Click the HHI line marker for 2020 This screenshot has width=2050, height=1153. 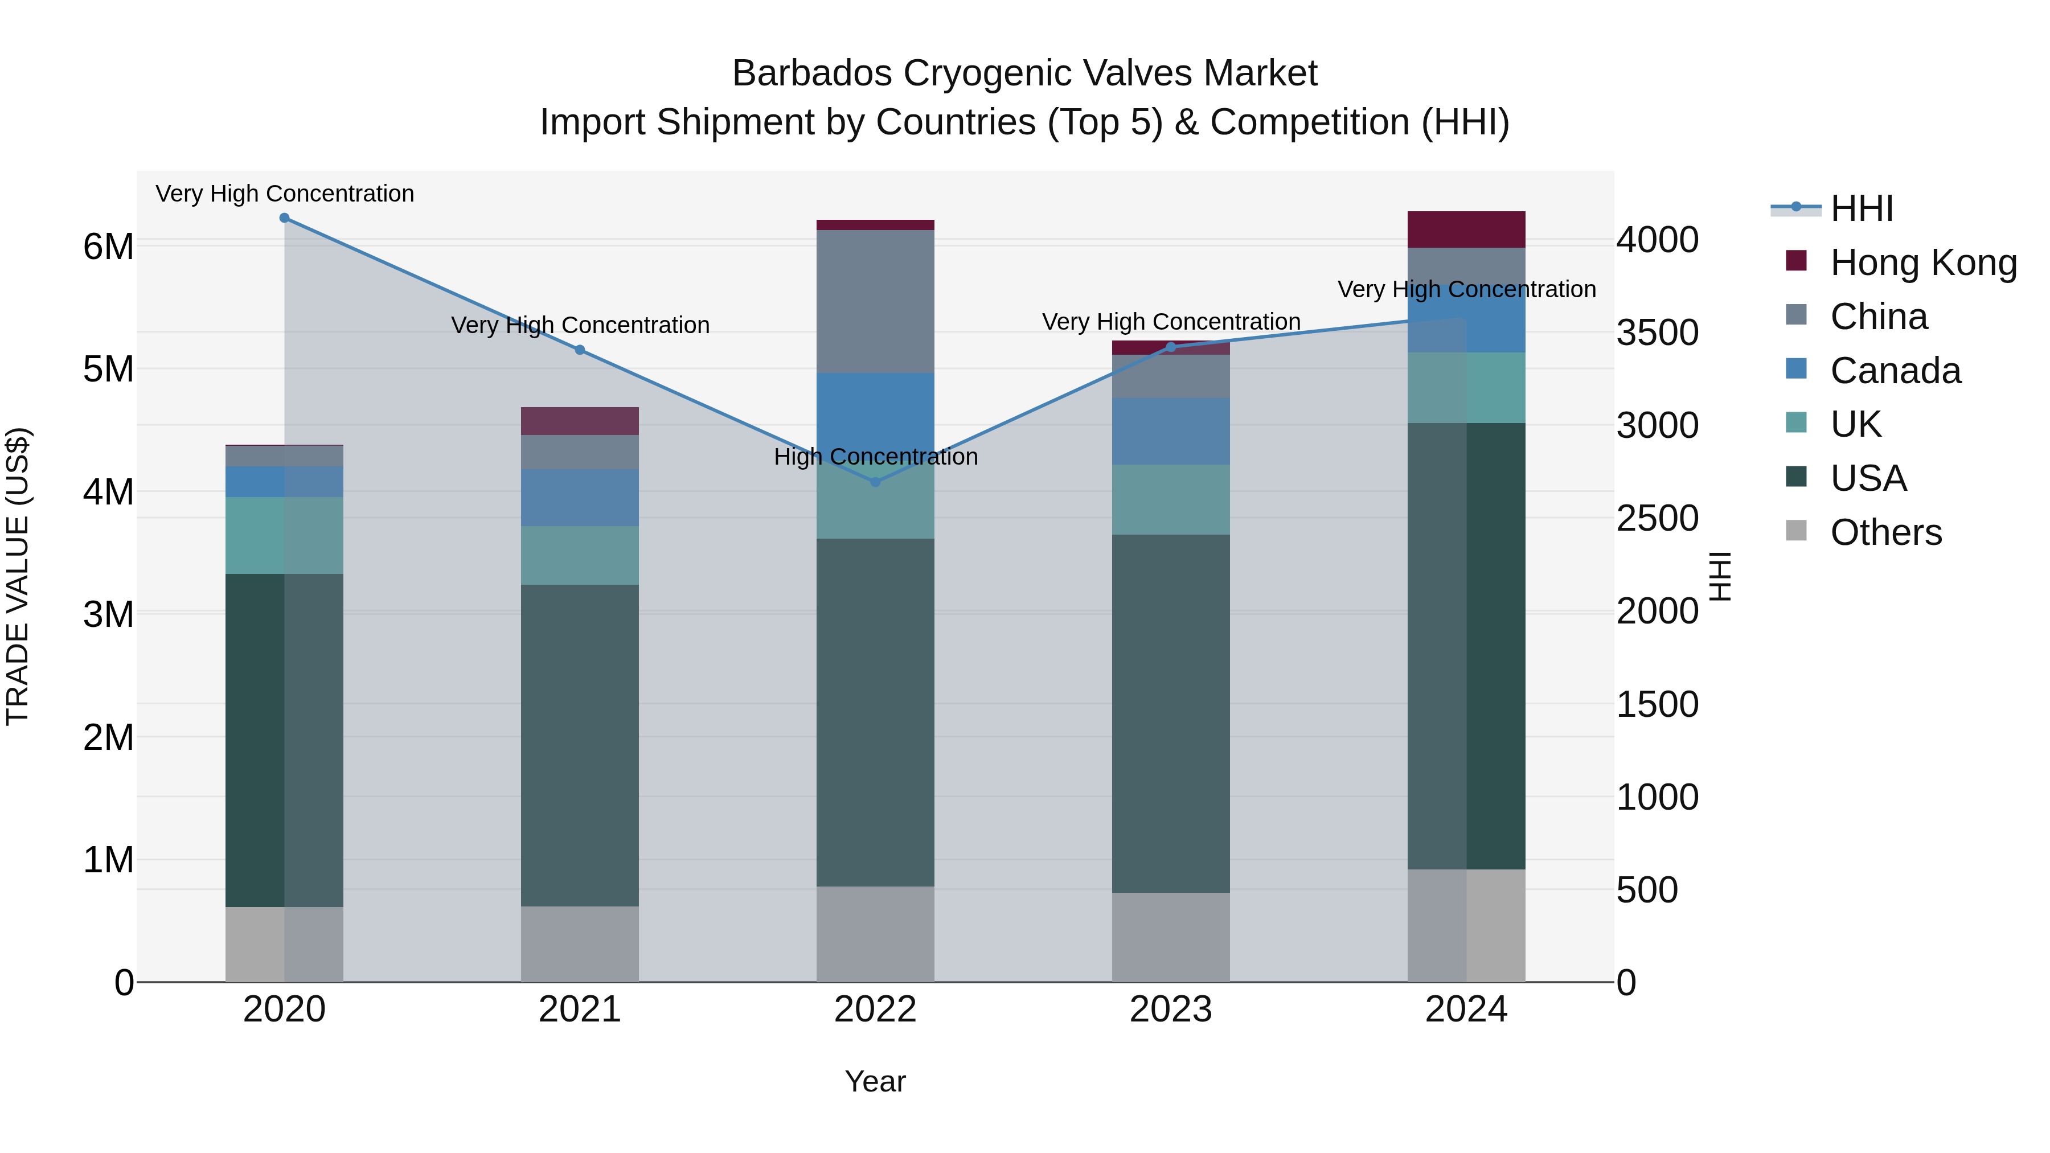pos(284,218)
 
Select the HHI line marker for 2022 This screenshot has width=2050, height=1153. pos(875,482)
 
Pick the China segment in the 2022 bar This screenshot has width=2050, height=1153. pos(875,302)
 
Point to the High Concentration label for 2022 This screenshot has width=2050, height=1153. pos(875,457)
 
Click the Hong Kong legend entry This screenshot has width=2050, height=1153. pos(1922,262)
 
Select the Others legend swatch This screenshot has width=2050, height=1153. pos(1796,531)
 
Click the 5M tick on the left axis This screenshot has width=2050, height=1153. pos(108,369)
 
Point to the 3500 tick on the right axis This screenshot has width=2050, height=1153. pos(1657,333)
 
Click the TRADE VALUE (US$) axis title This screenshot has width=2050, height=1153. pos(18,576)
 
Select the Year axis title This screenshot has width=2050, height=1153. pos(875,1081)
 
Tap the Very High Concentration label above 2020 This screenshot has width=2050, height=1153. pos(284,194)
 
